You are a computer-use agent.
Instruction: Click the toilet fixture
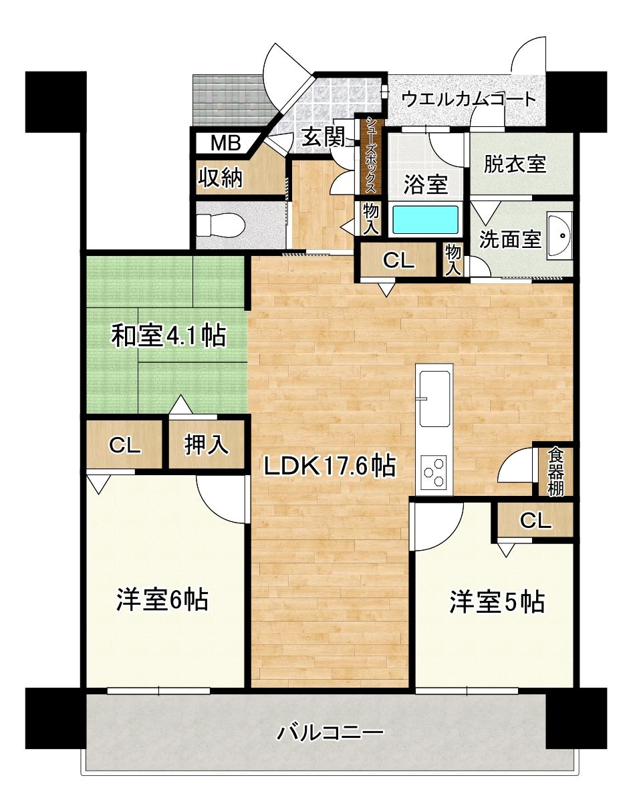(x=221, y=225)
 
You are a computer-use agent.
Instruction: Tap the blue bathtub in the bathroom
(x=426, y=221)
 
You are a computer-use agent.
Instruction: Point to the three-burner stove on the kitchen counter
(x=434, y=472)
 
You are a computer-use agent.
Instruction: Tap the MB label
(x=225, y=143)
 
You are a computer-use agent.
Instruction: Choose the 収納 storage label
(x=220, y=178)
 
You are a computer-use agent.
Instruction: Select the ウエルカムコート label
(x=469, y=99)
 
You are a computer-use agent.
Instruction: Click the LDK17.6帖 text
(x=330, y=466)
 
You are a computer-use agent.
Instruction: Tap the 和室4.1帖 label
(x=169, y=335)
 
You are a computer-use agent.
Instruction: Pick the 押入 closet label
(x=207, y=444)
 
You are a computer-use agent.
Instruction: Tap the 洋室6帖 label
(x=162, y=599)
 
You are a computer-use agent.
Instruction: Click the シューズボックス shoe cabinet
(x=369, y=156)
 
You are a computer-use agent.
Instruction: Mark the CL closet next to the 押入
(x=124, y=444)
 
